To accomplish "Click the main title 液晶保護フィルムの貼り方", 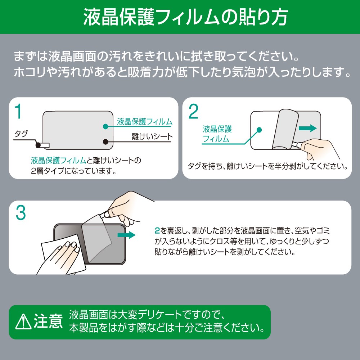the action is click(x=185, y=17).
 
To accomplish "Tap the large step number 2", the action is click(x=193, y=112).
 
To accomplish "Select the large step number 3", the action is click(x=21, y=213).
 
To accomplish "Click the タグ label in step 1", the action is click(x=21, y=134).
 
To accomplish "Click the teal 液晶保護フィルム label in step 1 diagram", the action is click(x=145, y=121).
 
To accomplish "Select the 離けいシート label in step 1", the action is click(x=152, y=136).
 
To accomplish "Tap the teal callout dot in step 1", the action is click(x=105, y=126).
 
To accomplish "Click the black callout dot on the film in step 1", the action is click(x=105, y=141).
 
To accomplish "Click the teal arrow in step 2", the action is click(x=308, y=128).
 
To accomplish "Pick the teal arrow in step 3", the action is click(x=126, y=235).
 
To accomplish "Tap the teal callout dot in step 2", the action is click(x=259, y=130).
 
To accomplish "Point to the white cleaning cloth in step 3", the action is click(x=63, y=253).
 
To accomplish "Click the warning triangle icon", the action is click(x=23, y=321).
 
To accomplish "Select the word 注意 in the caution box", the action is click(x=48, y=321).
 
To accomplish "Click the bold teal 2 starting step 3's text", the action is click(x=157, y=230).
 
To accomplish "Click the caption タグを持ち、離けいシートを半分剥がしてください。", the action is click(x=268, y=166).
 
